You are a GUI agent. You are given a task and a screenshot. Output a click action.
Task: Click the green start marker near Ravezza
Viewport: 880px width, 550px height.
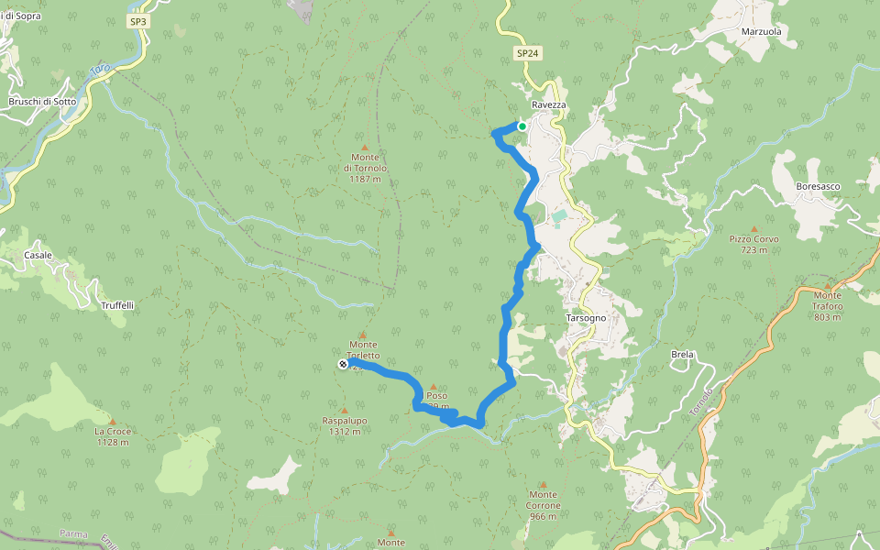522,126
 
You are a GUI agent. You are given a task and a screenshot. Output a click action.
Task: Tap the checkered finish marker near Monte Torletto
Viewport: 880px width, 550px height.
343,365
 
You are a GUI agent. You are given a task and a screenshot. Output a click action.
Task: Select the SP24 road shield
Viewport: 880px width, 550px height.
527,54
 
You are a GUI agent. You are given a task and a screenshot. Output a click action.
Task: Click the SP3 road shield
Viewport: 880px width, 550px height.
137,20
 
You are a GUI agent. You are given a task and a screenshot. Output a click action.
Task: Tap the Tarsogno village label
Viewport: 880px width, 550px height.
587,318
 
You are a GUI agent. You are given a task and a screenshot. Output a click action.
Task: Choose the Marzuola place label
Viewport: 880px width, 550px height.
761,31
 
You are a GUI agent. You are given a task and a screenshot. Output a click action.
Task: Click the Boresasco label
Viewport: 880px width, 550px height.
819,186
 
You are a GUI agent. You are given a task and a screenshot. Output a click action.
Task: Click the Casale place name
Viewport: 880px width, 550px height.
38,255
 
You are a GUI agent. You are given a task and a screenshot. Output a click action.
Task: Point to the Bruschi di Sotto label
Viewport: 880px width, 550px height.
42,102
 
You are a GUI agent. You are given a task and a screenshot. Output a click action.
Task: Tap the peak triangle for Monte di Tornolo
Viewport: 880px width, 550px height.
365,147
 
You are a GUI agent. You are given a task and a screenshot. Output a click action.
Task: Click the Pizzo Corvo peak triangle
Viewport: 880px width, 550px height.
754,228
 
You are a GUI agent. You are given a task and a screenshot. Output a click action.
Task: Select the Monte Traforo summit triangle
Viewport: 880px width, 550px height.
827,285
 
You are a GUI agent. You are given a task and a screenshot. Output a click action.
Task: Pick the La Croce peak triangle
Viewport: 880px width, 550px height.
113,421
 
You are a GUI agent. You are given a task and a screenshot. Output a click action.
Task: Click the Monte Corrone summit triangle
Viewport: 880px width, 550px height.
543,484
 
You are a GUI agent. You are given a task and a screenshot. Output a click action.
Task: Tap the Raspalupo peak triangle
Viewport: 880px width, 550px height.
345,411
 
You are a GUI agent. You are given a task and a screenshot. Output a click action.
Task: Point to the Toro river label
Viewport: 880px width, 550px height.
100,71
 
